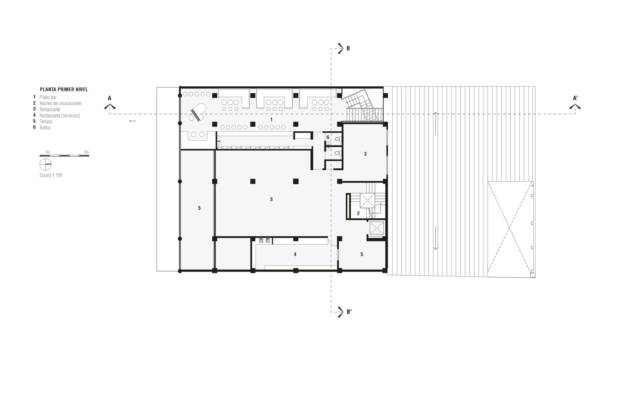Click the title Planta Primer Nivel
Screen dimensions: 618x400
(64, 90)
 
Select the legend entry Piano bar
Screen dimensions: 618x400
(48, 97)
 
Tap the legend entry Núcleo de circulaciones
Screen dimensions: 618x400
(61, 103)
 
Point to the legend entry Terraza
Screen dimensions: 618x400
(46, 122)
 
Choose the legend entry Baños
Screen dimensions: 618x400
(45, 128)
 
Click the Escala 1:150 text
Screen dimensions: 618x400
(51, 175)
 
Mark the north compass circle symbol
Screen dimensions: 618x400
(46, 164)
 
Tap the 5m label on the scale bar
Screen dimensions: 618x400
(86, 152)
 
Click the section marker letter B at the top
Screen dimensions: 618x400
(348, 48)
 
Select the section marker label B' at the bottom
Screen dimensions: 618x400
(349, 312)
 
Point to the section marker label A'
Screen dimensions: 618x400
(575, 98)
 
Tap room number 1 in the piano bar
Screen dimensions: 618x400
(271, 120)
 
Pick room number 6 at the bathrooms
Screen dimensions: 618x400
(328, 138)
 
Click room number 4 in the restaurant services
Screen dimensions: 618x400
(295, 254)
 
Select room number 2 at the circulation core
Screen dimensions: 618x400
(359, 213)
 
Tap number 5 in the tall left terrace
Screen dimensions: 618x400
(199, 208)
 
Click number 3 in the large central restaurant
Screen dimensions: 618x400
(271, 199)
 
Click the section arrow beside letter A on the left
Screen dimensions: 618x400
(110, 107)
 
